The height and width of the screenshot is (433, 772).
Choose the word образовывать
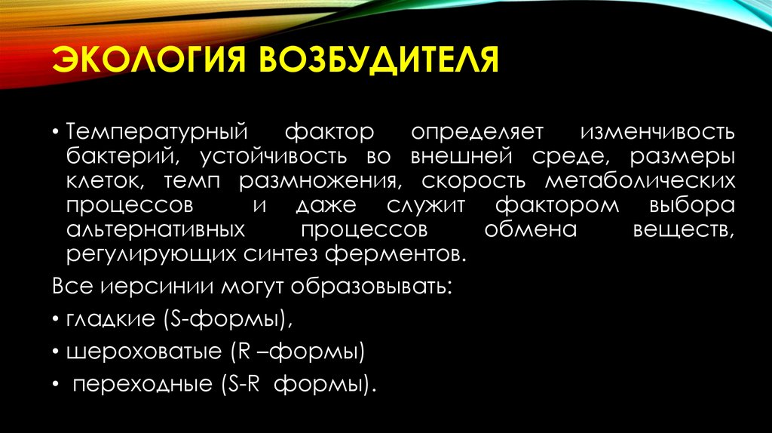[374, 287]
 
